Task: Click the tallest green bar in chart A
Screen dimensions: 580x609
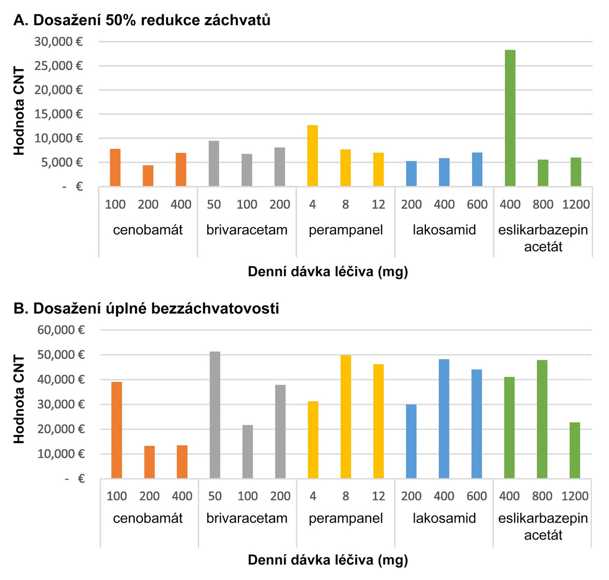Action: point(510,118)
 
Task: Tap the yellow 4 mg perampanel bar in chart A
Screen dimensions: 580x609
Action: point(313,156)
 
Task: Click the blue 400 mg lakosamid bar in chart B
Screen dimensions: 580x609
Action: point(444,418)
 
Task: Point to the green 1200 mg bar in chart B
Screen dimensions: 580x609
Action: point(575,450)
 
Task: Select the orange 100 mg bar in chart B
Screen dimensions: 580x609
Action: point(117,430)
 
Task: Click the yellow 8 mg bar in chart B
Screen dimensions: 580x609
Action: point(345,416)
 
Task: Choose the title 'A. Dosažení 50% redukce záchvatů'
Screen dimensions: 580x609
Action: point(142,20)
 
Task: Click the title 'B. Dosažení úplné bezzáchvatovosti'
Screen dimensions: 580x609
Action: point(146,309)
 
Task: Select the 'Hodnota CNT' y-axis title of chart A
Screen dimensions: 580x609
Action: point(20,111)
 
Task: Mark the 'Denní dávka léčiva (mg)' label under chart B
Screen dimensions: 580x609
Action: point(328,560)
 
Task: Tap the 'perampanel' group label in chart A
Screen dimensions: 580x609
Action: point(346,230)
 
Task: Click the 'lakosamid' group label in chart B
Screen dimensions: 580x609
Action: point(444,518)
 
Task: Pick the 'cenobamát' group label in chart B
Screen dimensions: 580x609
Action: point(148,518)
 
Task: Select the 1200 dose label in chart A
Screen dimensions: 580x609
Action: point(576,205)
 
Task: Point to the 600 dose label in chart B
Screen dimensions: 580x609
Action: point(477,496)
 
